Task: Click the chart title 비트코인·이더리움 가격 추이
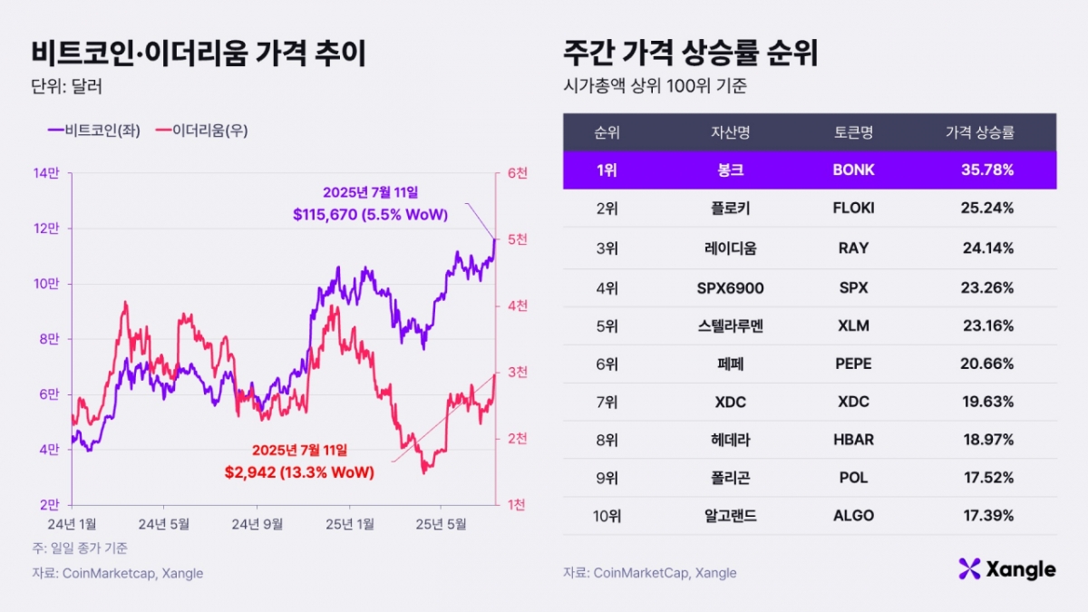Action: click(199, 54)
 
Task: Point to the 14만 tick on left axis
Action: click(47, 173)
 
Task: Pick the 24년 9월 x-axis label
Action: click(256, 524)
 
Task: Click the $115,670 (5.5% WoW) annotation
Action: click(373, 214)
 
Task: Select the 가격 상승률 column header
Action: click(979, 132)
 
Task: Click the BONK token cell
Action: click(853, 170)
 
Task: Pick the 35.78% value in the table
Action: click(987, 170)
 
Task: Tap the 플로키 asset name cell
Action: click(731, 209)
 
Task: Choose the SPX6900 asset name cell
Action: click(731, 288)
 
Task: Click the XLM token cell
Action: click(853, 326)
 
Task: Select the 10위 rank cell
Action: click(607, 515)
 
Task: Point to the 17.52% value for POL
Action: click(987, 478)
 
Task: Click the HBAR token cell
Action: click(853, 440)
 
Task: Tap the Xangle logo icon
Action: click(969, 569)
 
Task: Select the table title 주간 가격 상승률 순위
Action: click(690, 54)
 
